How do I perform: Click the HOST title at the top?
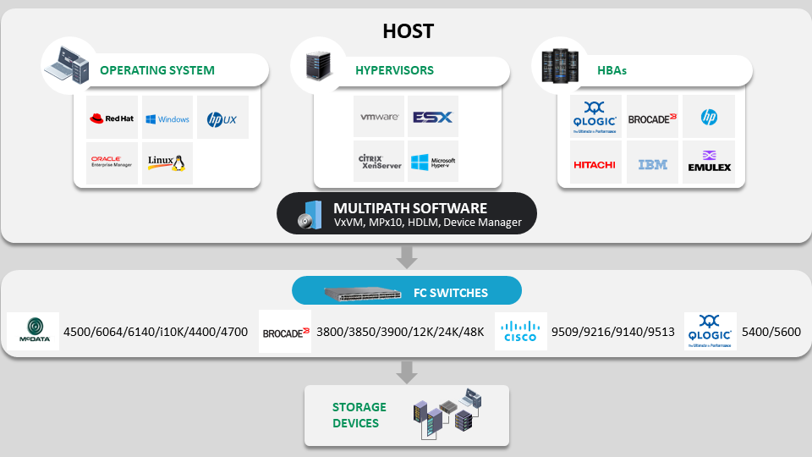pyautogui.click(x=408, y=31)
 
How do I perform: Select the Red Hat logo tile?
pyautogui.click(x=112, y=118)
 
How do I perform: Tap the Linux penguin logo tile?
pyautogui.click(x=167, y=162)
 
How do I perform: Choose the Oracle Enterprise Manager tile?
pyautogui.click(x=112, y=162)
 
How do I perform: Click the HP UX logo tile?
pyautogui.click(x=222, y=118)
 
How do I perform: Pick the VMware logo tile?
pyautogui.click(x=379, y=117)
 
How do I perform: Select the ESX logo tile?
pyautogui.click(x=433, y=117)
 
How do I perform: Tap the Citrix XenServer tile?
pyautogui.click(x=379, y=161)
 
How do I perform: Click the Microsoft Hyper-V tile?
pyautogui.click(x=433, y=161)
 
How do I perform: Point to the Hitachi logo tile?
pyautogui.click(x=595, y=163)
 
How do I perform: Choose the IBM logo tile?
pyautogui.click(x=653, y=163)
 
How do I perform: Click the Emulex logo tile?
pyautogui.click(x=710, y=163)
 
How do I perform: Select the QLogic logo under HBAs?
pyautogui.click(x=595, y=117)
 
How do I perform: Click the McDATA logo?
pyautogui.click(x=33, y=331)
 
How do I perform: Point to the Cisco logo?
pyautogui.click(x=520, y=331)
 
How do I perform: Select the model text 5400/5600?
pyautogui.click(x=770, y=332)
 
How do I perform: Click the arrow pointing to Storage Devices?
pyautogui.click(x=408, y=371)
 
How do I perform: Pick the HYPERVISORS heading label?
pyautogui.click(x=394, y=70)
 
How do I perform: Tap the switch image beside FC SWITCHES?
pyautogui.click(x=363, y=293)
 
